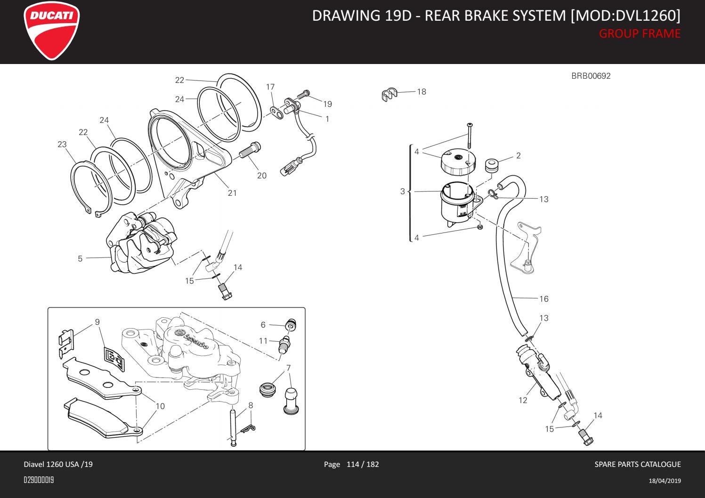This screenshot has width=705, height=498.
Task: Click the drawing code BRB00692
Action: tap(591, 76)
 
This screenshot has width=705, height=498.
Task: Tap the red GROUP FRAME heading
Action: tap(639, 34)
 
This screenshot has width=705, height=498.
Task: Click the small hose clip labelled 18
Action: tap(389, 95)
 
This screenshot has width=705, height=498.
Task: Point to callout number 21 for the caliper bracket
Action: tap(232, 193)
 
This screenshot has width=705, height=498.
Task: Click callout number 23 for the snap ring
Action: tap(62, 145)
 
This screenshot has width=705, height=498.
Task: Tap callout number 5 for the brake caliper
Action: tap(80, 258)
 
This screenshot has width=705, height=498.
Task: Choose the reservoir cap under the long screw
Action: tap(456, 161)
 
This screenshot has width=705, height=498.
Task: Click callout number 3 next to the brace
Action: tap(403, 191)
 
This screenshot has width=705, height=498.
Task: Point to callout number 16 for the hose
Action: tap(544, 299)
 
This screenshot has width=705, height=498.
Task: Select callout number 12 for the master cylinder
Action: tap(523, 400)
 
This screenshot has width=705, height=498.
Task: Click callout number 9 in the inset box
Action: tap(97, 322)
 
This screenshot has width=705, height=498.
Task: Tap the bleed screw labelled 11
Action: tap(285, 344)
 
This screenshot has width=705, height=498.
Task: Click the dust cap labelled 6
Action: tap(291, 325)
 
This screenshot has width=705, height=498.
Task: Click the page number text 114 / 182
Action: tap(362, 465)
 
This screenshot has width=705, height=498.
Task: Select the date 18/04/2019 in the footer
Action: tap(664, 481)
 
